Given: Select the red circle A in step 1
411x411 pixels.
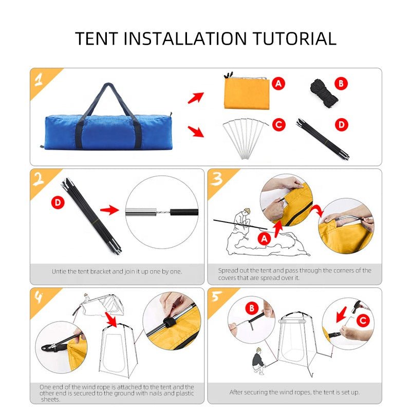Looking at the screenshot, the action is point(278,84).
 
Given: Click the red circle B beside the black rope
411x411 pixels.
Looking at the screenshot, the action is point(341,84).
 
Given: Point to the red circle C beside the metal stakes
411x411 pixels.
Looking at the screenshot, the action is point(278,125).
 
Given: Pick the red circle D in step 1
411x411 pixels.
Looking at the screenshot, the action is point(342,125).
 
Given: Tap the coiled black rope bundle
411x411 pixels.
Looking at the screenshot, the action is point(324,94).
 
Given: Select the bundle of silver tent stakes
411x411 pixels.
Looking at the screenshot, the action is point(246,138).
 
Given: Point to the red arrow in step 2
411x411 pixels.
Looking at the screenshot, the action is point(109,210).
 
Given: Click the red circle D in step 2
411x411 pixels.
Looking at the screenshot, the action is point(58,202).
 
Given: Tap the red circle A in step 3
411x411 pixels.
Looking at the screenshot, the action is point(264,238).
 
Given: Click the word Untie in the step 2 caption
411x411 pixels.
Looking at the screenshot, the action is point(59,272).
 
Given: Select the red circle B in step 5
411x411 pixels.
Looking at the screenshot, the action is point(252,308).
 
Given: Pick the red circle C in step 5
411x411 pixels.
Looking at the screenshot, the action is point(363,320).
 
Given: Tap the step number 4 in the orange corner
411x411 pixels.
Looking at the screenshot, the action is point(39,297).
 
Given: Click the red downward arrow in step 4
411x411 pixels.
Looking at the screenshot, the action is point(111,320).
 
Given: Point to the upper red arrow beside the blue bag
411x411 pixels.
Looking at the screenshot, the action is point(196,98).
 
